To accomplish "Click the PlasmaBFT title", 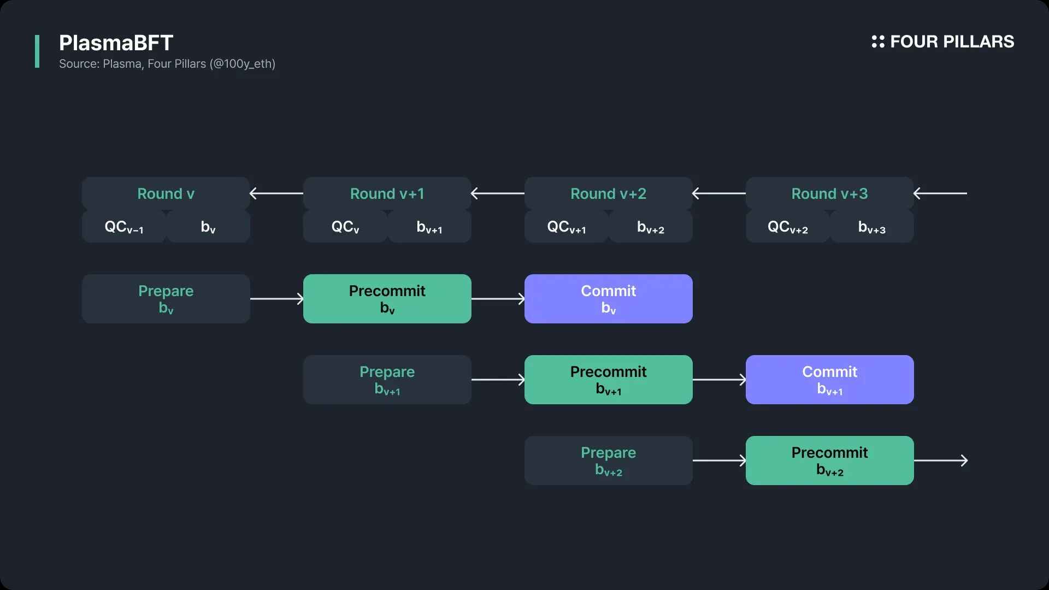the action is tap(116, 43).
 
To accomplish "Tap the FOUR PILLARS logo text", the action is tap(952, 42).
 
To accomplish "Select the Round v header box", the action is tap(166, 193).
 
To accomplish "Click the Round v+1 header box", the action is tap(387, 193).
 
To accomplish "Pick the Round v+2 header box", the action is tap(609, 193).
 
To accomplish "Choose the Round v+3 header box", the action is tap(830, 193).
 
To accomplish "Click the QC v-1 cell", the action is tap(124, 226).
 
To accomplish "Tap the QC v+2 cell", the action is tap(788, 226).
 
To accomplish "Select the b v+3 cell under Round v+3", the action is tap(872, 226).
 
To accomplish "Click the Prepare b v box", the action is tap(166, 299).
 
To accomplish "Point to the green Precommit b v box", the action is tap(387, 299).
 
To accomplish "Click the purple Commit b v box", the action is tap(609, 299).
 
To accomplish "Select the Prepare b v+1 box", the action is tap(387, 380).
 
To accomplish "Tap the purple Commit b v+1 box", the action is tap(830, 380).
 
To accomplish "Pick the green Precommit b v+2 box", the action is tap(830, 461).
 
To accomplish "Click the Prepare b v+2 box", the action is tap(609, 461).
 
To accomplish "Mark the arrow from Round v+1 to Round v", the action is tap(276, 193).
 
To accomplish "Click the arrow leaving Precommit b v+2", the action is tap(941, 461).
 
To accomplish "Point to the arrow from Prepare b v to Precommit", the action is tap(277, 299).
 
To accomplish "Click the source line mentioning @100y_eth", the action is tap(167, 64).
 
